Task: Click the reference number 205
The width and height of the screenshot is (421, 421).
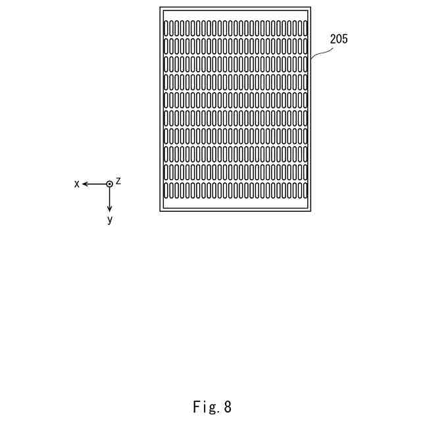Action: pyautogui.click(x=339, y=39)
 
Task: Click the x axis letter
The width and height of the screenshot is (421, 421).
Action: pyautogui.click(x=77, y=184)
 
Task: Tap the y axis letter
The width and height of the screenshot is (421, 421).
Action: pyautogui.click(x=110, y=220)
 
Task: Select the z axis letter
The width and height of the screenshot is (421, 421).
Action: pyautogui.click(x=118, y=181)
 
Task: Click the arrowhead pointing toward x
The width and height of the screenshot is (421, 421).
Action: pyautogui.click(x=85, y=184)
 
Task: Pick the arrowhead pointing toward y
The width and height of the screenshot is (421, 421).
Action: pyautogui.click(x=110, y=209)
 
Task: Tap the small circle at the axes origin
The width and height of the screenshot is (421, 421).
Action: pyautogui.click(x=110, y=184)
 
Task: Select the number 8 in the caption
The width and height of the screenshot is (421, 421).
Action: pyautogui.click(x=228, y=407)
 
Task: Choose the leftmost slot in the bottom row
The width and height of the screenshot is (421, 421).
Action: pyautogui.click(x=166, y=191)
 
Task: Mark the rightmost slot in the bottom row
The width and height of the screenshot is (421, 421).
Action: pyautogui.click(x=305, y=191)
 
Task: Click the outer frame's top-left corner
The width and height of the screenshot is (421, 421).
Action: pyautogui.click(x=160, y=7)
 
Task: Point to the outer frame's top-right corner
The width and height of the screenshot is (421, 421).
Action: pyautogui.click(x=311, y=7)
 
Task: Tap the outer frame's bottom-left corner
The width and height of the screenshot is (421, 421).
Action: pyautogui.click(x=160, y=211)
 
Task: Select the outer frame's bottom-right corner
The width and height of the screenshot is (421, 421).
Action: pyautogui.click(x=311, y=211)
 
